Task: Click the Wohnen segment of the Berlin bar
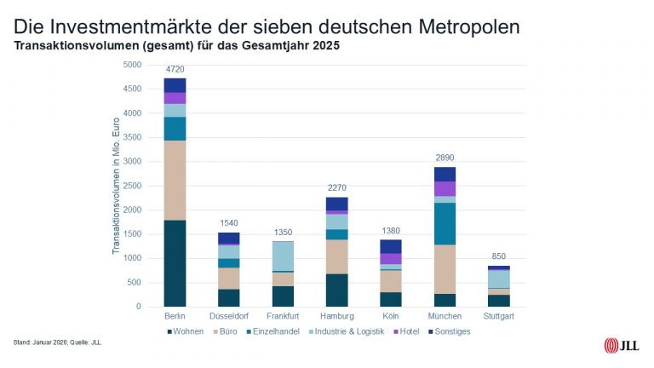tap(175, 263)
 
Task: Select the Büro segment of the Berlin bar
tap(175, 180)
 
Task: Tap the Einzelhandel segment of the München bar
tap(445, 223)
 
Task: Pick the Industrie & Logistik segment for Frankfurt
tap(283, 256)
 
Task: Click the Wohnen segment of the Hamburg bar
tap(336, 290)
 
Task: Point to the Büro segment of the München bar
tap(445, 269)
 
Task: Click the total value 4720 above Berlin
tap(175, 68)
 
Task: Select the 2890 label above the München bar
tap(445, 158)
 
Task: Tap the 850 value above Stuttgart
tap(499, 256)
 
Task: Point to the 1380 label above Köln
tap(391, 231)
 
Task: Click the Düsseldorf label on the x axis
tap(228, 317)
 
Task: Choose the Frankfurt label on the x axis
tap(283, 317)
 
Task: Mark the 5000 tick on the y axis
tap(132, 65)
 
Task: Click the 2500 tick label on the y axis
tap(132, 186)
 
